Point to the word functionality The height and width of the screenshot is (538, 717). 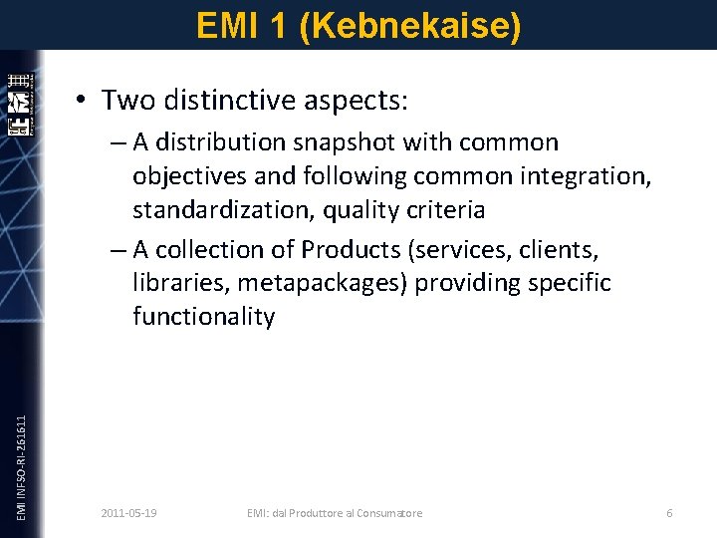(203, 317)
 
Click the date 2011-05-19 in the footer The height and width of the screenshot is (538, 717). (129, 513)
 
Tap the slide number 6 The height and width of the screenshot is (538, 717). (669, 513)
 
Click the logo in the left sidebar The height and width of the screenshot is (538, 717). (21, 105)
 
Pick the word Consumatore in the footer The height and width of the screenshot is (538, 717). (388, 513)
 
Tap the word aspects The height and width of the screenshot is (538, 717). (358, 101)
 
